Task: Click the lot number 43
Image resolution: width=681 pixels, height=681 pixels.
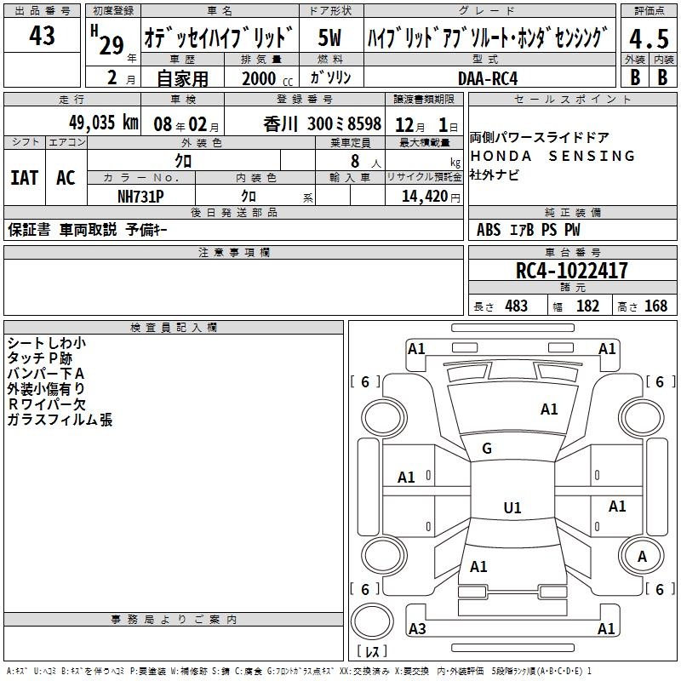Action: click(x=42, y=36)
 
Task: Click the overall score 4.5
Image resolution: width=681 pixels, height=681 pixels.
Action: click(x=650, y=39)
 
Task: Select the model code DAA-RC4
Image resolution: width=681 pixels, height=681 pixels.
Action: click(x=488, y=78)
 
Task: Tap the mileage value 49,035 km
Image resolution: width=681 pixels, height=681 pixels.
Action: click(x=103, y=123)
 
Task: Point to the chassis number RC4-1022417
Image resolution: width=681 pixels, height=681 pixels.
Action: click(x=571, y=271)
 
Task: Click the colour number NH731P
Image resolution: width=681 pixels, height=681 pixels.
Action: click(x=140, y=197)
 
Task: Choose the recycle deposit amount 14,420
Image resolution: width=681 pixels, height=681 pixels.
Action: click(x=424, y=197)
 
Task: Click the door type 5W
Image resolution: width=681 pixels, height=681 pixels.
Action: click(x=329, y=37)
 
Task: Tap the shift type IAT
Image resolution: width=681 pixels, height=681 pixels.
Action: click(x=24, y=178)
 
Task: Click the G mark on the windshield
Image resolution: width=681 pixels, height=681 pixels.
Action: click(x=487, y=449)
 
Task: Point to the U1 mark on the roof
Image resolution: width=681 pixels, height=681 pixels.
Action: click(x=512, y=507)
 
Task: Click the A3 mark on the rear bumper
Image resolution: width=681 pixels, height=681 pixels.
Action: click(x=417, y=628)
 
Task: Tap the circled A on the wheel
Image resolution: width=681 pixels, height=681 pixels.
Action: click(x=642, y=557)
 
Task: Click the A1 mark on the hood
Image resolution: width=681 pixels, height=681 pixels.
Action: click(x=549, y=409)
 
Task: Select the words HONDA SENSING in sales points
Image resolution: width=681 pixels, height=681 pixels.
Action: click(x=552, y=156)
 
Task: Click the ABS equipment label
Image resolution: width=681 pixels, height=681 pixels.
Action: click(x=489, y=230)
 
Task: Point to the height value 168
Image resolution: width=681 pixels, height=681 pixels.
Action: click(x=655, y=306)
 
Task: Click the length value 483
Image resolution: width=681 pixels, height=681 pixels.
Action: click(x=516, y=306)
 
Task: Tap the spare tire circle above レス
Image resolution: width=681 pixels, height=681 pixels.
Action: click(x=372, y=621)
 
